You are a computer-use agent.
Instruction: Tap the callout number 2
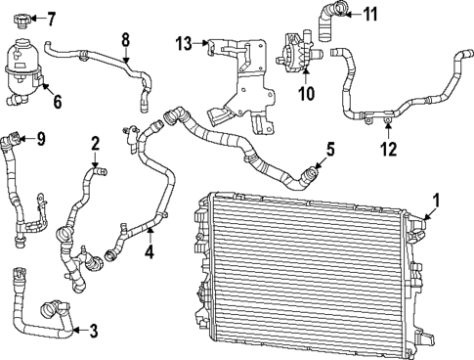95,144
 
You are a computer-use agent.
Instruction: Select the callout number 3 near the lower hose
93,331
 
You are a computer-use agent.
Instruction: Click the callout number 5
330,150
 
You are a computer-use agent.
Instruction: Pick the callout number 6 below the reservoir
56,101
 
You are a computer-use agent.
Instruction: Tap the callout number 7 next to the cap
51,19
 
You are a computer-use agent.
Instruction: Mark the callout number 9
40,138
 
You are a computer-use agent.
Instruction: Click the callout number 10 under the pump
305,94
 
